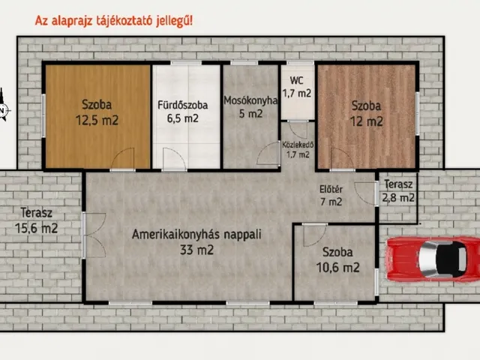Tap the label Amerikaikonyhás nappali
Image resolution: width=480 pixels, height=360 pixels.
tap(196, 234)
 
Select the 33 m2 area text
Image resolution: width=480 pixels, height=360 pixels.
tap(196, 250)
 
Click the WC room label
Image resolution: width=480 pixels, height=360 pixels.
tap(297, 79)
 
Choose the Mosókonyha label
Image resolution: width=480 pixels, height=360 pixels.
tap(250, 101)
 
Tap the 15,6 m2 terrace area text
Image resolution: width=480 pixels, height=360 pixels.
tap(36, 227)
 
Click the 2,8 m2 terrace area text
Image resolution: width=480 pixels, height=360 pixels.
tap(397, 198)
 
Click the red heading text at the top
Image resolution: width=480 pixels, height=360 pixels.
tap(113, 20)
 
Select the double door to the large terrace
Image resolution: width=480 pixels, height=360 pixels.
tap(89, 235)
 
